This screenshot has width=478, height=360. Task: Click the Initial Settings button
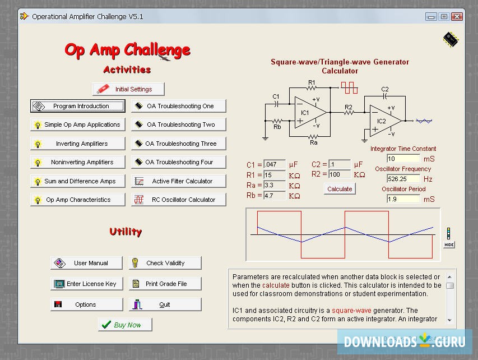[129, 89]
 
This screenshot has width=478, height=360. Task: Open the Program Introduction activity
[78, 106]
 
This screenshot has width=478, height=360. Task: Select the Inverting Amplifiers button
[78, 144]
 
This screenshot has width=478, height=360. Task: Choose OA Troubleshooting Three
[179, 144]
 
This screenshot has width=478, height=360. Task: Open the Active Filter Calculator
[179, 181]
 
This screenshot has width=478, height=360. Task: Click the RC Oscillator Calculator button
[179, 200]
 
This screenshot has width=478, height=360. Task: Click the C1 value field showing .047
[274, 165]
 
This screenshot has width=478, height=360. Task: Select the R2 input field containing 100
[340, 174]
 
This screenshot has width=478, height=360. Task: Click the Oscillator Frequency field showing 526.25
[403, 179]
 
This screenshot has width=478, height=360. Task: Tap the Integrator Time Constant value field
[403, 159]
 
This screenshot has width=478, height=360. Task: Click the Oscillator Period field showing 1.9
[403, 199]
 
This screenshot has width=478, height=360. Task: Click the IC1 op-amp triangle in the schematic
[309, 112]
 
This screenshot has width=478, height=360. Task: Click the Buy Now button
[125, 325]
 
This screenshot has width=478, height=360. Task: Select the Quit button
[165, 304]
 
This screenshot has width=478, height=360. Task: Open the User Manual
[87, 263]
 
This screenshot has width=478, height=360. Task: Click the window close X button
[457, 16]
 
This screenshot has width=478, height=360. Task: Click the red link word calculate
[276, 285]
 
